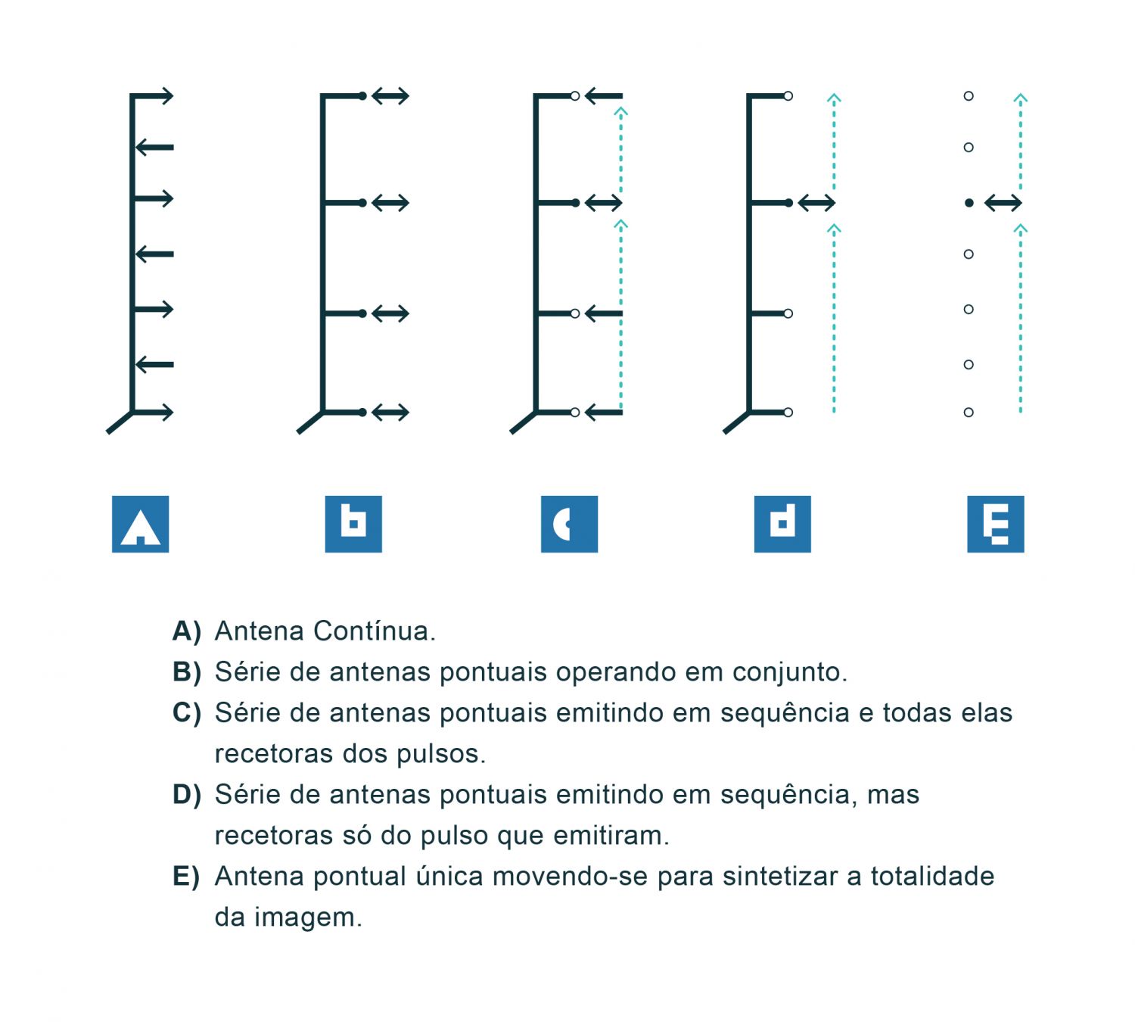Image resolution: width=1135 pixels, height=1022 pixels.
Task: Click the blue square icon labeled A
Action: [140, 524]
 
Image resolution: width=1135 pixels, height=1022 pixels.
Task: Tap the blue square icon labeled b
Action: [353, 524]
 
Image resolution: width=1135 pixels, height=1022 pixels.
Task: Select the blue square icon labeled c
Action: [569, 524]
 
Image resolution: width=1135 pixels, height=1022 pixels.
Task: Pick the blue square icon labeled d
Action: [782, 524]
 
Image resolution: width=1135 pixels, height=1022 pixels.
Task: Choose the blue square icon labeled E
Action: [995, 524]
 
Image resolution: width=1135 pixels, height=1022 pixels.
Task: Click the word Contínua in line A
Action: [374, 631]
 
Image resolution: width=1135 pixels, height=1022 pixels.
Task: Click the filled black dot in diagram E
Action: [969, 203]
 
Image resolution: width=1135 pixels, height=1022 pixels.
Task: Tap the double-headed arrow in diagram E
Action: [1003, 203]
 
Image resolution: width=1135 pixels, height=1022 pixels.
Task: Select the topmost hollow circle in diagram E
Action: [969, 96]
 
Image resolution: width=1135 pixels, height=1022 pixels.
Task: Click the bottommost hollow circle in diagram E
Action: [969, 413]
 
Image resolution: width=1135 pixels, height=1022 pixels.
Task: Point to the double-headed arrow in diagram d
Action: [816, 203]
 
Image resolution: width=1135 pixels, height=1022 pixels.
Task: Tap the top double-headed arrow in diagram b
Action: [390, 96]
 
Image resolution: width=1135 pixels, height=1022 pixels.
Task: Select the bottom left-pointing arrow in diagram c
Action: [604, 413]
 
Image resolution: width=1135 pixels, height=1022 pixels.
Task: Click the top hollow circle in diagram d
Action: [788, 96]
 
